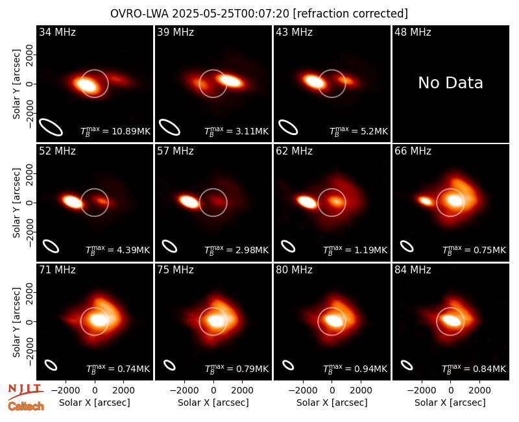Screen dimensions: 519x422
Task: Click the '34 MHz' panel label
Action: [x=57, y=32]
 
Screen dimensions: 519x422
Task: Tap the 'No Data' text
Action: [x=450, y=83]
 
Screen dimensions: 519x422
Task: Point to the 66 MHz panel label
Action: [x=413, y=151]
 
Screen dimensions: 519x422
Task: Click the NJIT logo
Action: [x=25, y=391]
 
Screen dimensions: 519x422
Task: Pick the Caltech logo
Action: [x=26, y=406]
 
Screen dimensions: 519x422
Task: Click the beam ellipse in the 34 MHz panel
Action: [x=51, y=127]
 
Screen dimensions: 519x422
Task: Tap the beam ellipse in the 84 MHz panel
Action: [x=407, y=365]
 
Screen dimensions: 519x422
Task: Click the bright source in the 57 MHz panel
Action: [x=189, y=201]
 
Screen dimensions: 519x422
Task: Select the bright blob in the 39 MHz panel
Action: [x=230, y=81]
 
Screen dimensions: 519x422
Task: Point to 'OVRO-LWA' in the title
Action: [x=139, y=14]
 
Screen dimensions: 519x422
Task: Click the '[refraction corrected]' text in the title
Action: [x=350, y=14]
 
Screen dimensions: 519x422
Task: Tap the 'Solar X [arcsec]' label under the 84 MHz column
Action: [x=450, y=403]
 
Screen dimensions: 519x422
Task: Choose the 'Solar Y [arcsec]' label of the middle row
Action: [x=16, y=203]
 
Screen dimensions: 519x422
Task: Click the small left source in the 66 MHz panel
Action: [x=425, y=201]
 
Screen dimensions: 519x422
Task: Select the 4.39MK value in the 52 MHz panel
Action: [x=134, y=250]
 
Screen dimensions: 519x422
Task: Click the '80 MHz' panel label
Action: [x=295, y=270]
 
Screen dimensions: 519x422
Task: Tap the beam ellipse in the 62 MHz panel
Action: [x=288, y=246]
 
